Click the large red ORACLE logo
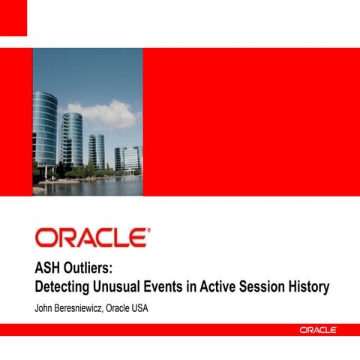coord(91,238)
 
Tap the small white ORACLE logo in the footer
coord(318,329)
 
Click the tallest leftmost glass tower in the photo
coord(45,131)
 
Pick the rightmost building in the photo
coord(128,158)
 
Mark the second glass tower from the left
coord(71,141)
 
